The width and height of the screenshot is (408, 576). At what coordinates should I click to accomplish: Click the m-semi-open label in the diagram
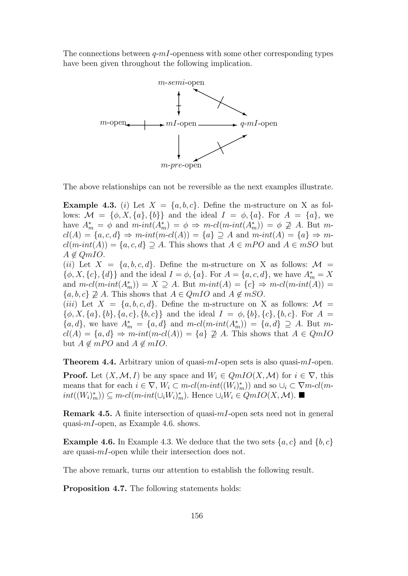click(181, 83)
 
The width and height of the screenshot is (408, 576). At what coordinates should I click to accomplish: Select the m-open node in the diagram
click(113, 123)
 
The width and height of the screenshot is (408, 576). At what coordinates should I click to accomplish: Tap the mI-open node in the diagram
click(181, 124)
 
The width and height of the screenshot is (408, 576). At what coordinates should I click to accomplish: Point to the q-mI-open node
click(259, 124)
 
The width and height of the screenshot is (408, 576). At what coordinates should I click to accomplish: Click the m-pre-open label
click(181, 165)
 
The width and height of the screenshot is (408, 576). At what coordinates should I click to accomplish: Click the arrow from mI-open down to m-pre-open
click(179, 147)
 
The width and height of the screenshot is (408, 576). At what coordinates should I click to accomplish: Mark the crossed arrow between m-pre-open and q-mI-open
click(220, 148)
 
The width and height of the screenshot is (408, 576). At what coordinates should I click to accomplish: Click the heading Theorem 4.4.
click(90, 362)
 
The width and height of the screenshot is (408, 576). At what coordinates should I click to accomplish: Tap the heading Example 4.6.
click(89, 442)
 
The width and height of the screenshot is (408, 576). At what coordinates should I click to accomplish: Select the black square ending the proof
click(302, 395)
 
